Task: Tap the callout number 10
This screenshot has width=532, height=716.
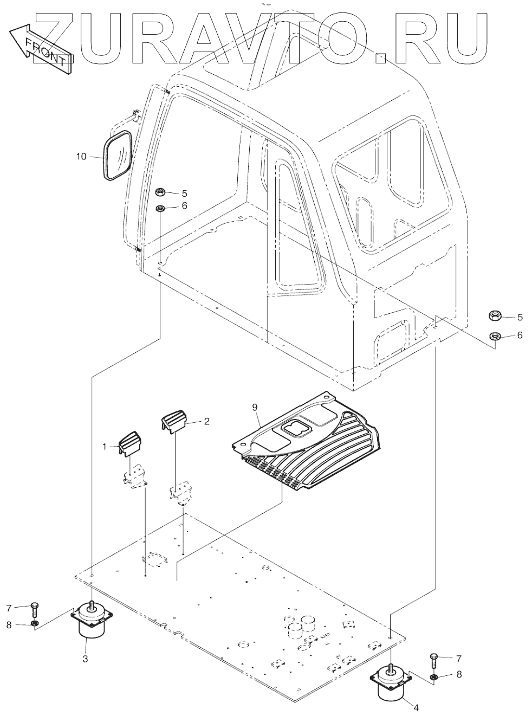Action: [81, 157]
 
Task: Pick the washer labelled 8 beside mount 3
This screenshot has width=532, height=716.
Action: [34, 625]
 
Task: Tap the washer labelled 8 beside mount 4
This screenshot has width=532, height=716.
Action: [434, 676]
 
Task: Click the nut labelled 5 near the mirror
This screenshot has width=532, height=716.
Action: [160, 192]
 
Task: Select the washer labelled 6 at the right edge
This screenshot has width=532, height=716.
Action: [494, 336]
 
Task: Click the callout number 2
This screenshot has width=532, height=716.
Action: [191, 421]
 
